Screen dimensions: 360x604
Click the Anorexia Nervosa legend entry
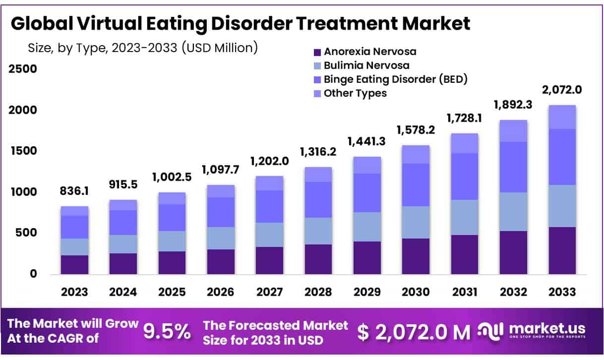369,52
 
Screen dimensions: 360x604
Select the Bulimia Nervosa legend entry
366,65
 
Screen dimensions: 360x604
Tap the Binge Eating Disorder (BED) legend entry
395,79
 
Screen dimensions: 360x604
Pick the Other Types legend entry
355,93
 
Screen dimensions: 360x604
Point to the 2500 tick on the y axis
23,69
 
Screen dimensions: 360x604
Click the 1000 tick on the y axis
23,192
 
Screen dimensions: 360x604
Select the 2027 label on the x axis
270,292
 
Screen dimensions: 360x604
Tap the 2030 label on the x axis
416,292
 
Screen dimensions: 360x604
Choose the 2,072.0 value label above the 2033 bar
561,90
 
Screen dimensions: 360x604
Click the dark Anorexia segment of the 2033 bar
562,250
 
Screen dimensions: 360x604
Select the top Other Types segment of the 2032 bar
513,131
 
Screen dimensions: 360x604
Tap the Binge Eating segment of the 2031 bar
464,177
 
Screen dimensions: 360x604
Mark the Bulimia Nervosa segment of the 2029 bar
367,227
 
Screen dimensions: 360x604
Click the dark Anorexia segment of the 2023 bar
74,264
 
